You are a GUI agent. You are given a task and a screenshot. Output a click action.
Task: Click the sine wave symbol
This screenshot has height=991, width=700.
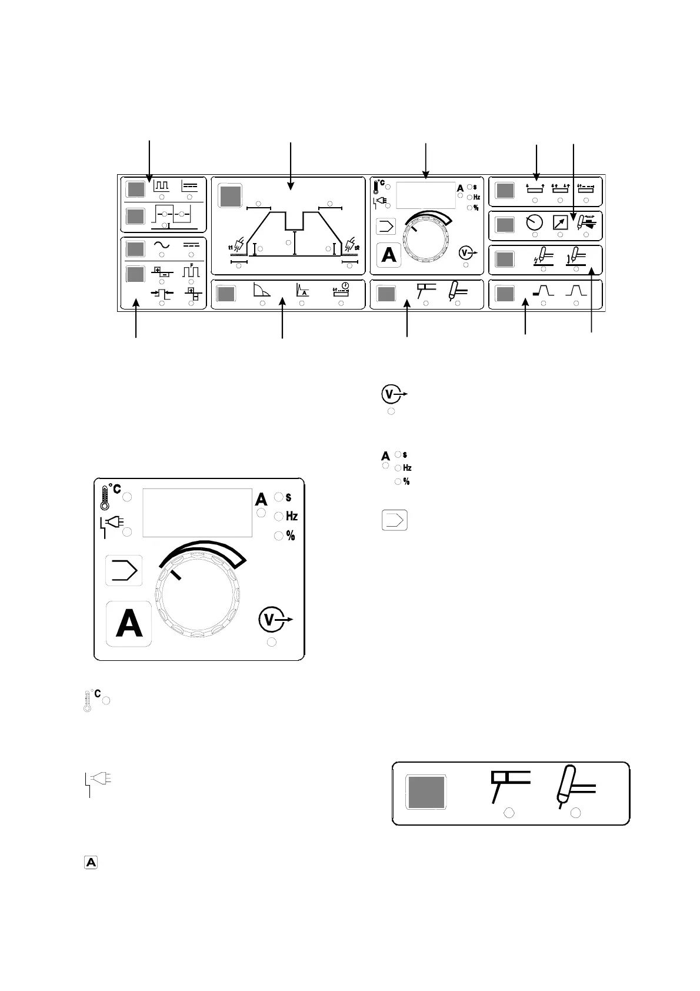(162, 246)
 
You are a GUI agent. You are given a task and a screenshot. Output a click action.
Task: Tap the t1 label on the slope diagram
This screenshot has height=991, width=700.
(231, 247)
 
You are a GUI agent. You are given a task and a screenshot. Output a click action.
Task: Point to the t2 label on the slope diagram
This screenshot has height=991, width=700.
(356, 247)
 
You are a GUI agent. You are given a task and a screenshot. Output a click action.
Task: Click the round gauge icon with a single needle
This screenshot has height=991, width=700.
(535, 223)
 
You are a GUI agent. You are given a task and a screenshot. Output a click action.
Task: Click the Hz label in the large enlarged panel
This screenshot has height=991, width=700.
(292, 516)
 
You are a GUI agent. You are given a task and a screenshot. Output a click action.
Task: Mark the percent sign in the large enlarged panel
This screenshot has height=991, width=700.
(291, 536)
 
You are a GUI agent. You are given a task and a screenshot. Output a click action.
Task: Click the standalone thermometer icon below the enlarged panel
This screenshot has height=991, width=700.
(88, 701)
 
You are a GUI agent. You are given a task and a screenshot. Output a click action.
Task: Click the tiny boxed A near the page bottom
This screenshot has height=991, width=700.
(92, 863)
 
